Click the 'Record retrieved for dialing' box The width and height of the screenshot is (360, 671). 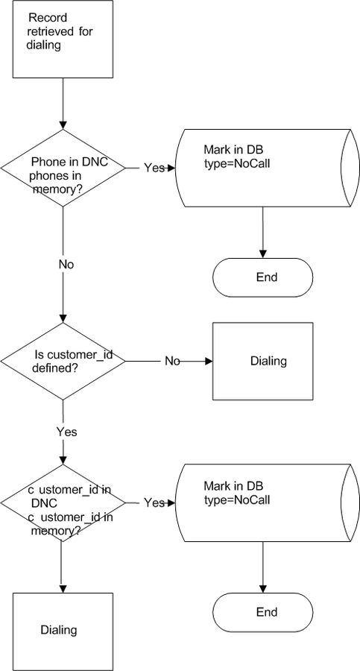pyautogui.click(x=63, y=39)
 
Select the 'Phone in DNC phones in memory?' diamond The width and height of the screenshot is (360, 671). pyautogui.click(x=63, y=168)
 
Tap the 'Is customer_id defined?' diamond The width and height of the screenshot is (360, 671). pyautogui.click(x=63, y=361)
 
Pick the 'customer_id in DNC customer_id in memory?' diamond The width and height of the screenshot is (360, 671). pyautogui.click(x=63, y=503)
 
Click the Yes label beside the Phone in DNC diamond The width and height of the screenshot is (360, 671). pyautogui.click(x=154, y=168)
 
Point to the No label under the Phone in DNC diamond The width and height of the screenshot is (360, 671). pyautogui.click(x=66, y=265)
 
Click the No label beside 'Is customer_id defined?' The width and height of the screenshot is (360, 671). pyautogui.click(x=172, y=361)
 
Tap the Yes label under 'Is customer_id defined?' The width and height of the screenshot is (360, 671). pyautogui.click(x=67, y=432)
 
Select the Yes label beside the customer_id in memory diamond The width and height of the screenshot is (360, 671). pyautogui.click(x=154, y=503)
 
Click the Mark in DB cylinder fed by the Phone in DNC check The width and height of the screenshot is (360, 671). pyautogui.click(x=268, y=168)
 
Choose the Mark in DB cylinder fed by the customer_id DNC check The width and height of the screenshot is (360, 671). pyautogui.click(x=268, y=503)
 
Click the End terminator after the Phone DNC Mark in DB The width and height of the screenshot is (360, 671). pyautogui.click(x=263, y=277)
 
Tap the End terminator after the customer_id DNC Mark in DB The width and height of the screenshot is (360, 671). pyautogui.click(x=263, y=612)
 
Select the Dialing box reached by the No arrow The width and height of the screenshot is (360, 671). pyautogui.click(x=263, y=361)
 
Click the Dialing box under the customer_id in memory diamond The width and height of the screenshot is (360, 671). pyautogui.click(x=63, y=631)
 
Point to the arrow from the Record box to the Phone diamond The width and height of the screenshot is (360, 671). pyautogui.click(x=63, y=104)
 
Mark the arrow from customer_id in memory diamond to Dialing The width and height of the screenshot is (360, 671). pyautogui.click(x=63, y=567)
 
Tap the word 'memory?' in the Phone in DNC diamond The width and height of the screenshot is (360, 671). pyautogui.click(x=57, y=189)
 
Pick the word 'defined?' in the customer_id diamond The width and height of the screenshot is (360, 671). pyautogui.click(x=54, y=368)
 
